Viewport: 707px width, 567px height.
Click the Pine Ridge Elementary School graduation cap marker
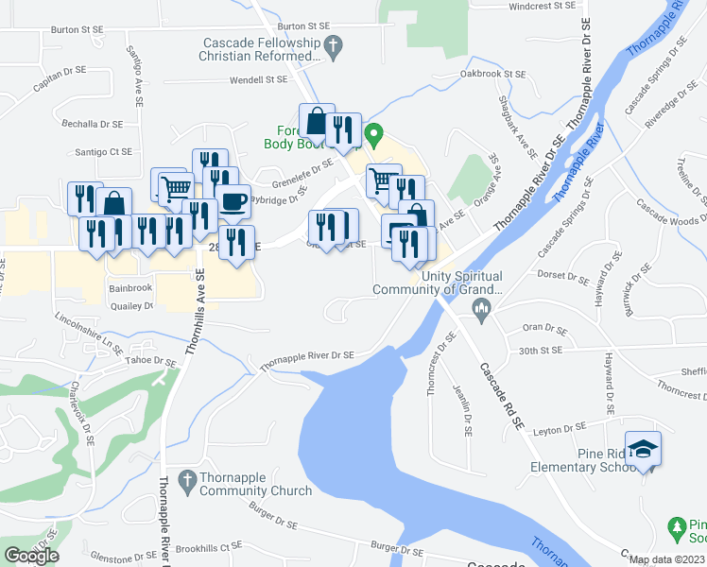pos(644,449)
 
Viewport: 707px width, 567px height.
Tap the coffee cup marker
pos(233,199)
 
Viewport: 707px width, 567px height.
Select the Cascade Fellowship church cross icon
pos(332,44)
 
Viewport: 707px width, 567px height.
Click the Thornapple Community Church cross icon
pos(186,479)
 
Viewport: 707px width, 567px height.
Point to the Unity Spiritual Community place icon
pos(482,309)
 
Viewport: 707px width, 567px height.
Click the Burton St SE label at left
pos(78,30)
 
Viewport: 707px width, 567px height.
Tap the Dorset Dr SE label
pos(563,276)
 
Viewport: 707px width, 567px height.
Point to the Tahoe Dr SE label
pos(152,361)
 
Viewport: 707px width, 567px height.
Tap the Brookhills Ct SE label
pos(208,547)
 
